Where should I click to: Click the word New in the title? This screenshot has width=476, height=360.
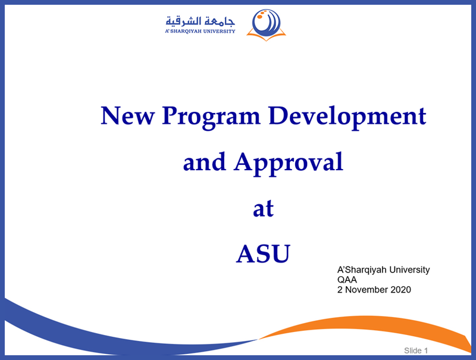click(x=127, y=115)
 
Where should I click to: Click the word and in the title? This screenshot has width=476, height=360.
click(x=205, y=162)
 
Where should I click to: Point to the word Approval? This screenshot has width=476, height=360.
click(x=289, y=164)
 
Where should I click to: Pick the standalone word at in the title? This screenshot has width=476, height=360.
click(x=263, y=208)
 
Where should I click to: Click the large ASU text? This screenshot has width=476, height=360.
click(x=263, y=253)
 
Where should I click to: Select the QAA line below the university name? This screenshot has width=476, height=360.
click(x=347, y=280)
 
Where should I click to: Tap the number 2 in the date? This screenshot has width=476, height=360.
click(x=340, y=290)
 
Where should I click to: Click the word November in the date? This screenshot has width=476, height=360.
click(x=367, y=290)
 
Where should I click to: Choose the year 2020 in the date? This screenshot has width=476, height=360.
click(x=400, y=290)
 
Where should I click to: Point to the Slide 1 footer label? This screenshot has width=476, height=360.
click(x=416, y=350)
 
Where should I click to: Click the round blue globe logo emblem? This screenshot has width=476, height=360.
click(x=266, y=23)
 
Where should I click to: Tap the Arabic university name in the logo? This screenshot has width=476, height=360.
click(x=201, y=21)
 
